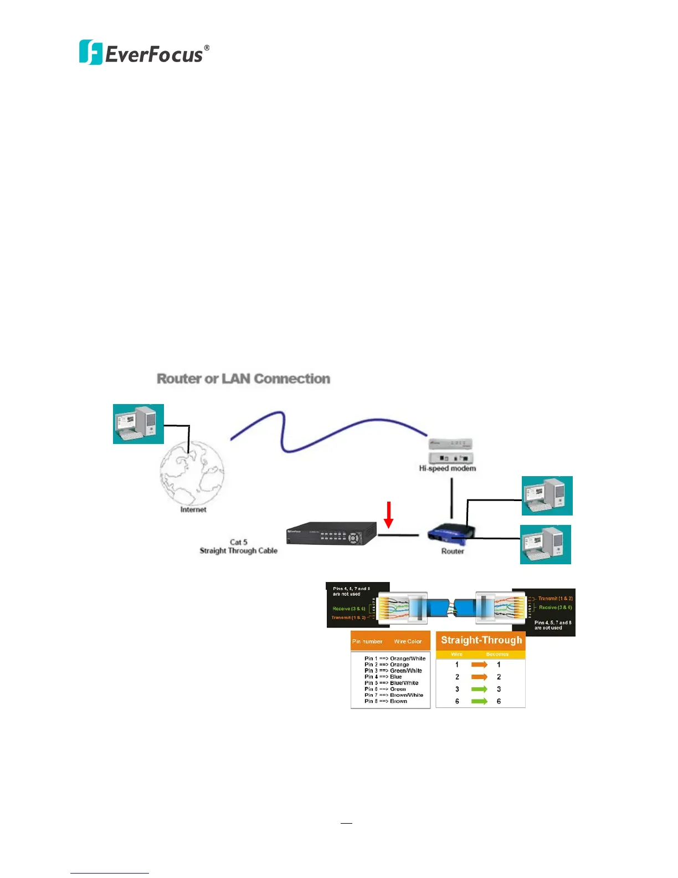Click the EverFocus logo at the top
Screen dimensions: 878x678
(144, 53)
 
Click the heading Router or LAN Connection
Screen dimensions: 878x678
(243, 379)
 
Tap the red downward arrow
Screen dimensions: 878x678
(389, 514)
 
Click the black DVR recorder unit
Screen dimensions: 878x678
(331, 533)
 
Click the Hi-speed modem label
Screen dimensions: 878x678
(447, 468)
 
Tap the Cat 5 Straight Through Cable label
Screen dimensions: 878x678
(238, 547)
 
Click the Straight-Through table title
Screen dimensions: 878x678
(481, 640)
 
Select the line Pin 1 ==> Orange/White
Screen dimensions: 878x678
(395, 658)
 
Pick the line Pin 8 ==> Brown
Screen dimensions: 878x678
(386, 701)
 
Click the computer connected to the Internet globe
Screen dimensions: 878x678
(138, 424)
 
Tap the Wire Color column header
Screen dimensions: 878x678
(408, 641)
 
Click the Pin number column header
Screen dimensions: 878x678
(367, 641)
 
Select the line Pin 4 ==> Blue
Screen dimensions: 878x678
(383, 677)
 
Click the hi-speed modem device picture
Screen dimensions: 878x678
(451, 451)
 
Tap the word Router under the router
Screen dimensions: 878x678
(453, 552)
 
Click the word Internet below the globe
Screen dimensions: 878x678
(193, 509)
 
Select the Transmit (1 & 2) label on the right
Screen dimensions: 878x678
(555, 599)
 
